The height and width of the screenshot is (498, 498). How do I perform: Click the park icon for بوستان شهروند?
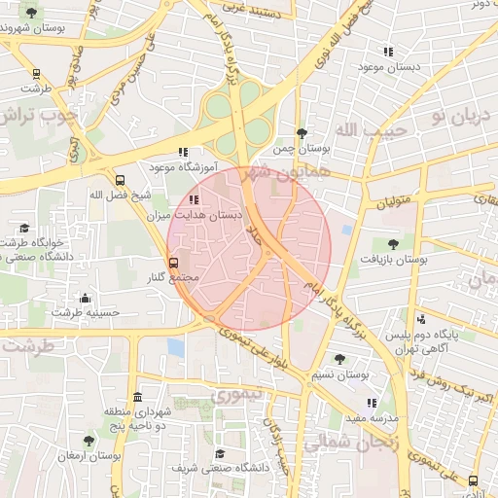click(31, 13)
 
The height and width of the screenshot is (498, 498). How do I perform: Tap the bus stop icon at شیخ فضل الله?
click(121, 180)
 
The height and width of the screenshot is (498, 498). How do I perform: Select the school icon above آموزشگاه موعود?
click(183, 152)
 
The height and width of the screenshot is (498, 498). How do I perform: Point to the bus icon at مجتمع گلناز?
click(174, 263)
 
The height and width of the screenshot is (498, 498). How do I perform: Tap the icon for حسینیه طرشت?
click(86, 298)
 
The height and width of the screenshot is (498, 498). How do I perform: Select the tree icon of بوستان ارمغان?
click(89, 441)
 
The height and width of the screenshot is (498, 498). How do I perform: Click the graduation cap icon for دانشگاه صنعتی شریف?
click(220, 453)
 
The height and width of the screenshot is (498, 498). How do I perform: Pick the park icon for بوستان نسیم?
click(338, 359)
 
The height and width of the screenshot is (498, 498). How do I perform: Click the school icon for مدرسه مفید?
click(371, 402)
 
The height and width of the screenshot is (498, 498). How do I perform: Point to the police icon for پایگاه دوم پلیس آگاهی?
click(420, 318)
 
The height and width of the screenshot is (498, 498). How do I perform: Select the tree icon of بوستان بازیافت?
click(393, 244)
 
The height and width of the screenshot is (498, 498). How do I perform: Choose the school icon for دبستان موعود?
click(389, 52)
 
